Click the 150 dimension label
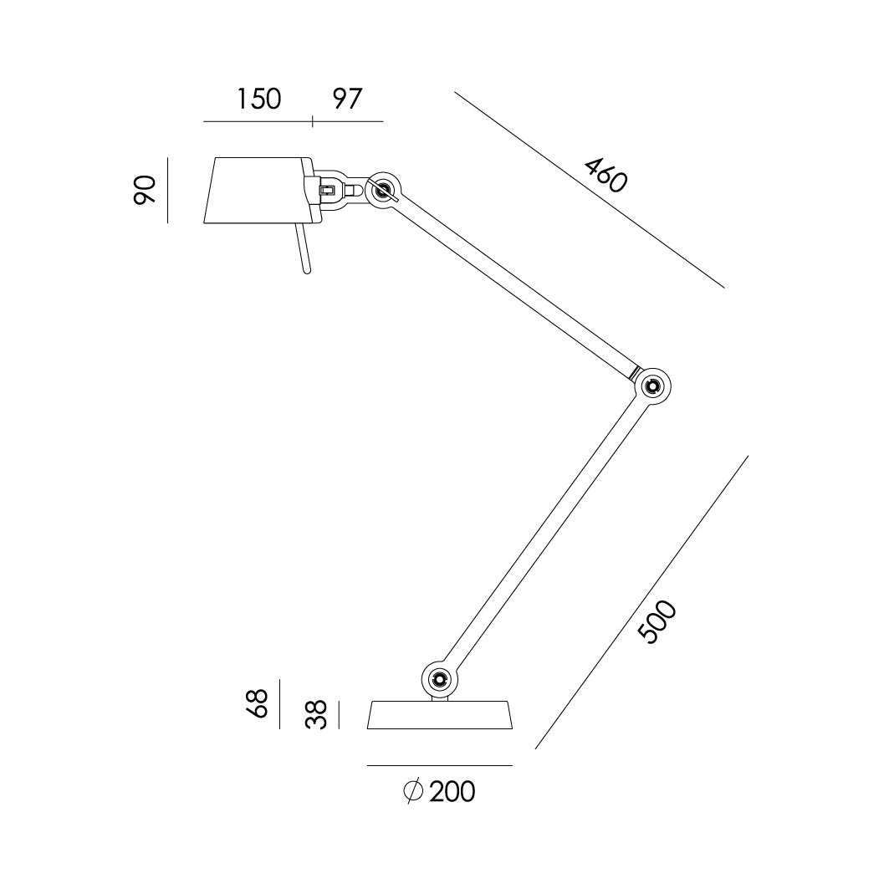(258, 99)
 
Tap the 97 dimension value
(347, 99)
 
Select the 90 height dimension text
(146, 190)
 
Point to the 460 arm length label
(605, 175)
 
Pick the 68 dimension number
(258, 703)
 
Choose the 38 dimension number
(315, 715)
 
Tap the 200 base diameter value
(452, 791)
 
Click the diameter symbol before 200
(411, 791)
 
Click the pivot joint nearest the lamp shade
(385, 189)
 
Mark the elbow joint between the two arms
(653, 386)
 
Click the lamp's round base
(440, 714)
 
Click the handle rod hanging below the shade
(303, 249)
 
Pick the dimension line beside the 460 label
(590, 189)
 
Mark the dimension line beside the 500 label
(641, 602)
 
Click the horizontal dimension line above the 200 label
(440, 765)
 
